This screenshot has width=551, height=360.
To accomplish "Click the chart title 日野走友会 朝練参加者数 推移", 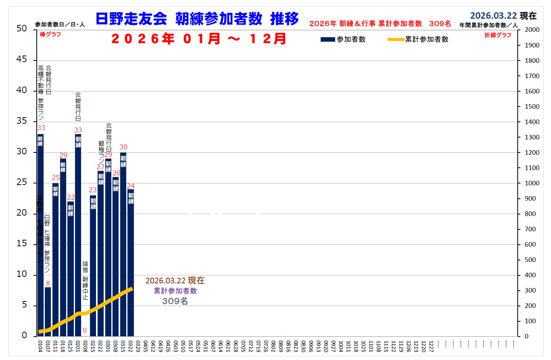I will [x=197, y=19].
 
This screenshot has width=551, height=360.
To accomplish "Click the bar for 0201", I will [x=78, y=234].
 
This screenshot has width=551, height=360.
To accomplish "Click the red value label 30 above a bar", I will [x=123, y=147].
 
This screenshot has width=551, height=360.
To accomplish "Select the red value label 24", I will [x=131, y=186].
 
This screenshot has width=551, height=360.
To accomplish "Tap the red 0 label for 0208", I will [x=85, y=331].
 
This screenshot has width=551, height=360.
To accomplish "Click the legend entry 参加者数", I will [x=343, y=39].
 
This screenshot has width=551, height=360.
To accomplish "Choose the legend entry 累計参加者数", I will [x=418, y=39].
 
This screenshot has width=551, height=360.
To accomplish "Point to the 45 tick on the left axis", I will [x=22, y=59].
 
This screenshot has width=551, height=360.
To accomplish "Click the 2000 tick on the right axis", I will [x=531, y=30].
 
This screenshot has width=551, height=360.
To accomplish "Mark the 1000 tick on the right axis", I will [x=531, y=183].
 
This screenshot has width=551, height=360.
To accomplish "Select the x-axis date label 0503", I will [x=176, y=346].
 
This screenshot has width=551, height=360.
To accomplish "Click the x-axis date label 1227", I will [x=431, y=346].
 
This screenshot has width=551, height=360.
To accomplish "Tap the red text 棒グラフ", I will [x=51, y=34].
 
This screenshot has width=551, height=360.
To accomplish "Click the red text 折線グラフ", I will [x=498, y=35].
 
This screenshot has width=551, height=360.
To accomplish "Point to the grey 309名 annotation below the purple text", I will [x=175, y=301].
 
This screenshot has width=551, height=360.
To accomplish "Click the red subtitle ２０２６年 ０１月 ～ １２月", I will [x=199, y=39].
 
